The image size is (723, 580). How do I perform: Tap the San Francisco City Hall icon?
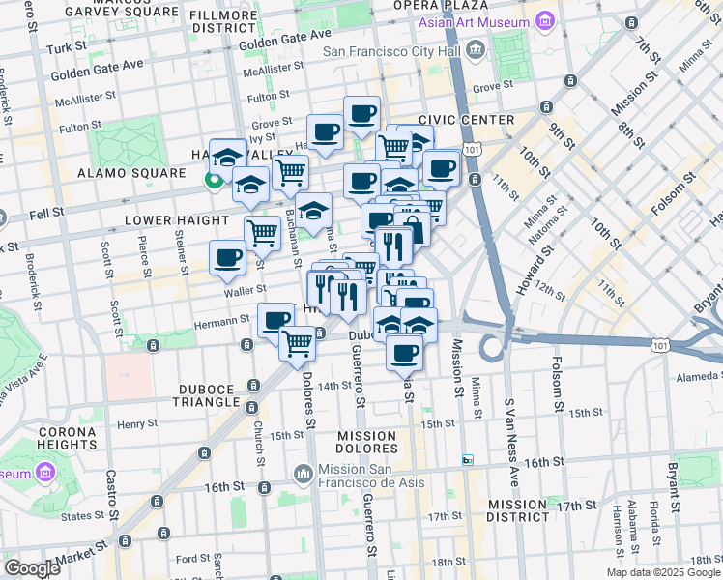pos(475,49)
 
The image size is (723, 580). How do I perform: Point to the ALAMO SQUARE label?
pos(131,173)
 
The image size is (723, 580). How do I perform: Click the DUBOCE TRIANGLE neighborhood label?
pos(207,394)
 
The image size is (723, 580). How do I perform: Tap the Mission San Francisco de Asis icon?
pos(303,473)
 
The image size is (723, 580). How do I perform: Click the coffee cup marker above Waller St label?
pos(229,258)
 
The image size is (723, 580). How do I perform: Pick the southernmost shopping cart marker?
pos(299,342)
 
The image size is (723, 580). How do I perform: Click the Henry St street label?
pos(136,424)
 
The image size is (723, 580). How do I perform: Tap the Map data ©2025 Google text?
pos(662,572)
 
